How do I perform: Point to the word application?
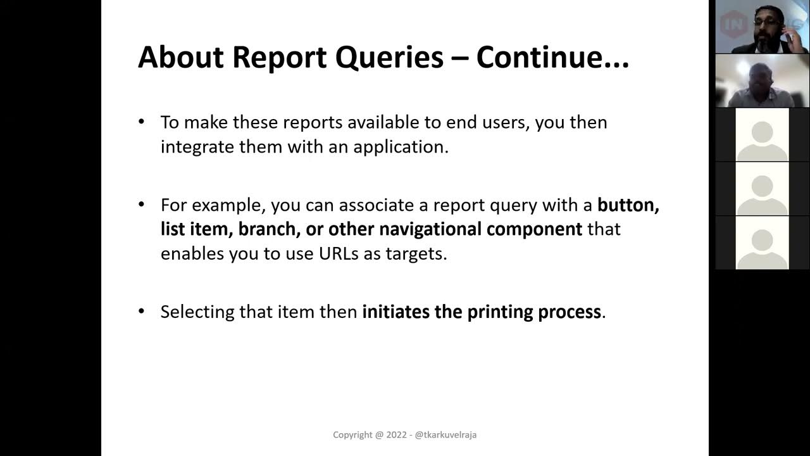coord(401,146)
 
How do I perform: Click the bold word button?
coord(628,205)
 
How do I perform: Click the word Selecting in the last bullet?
coord(197,312)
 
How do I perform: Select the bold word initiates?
coord(396,312)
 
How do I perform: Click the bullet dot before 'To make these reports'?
coord(142,122)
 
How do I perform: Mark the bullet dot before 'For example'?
coord(142,205)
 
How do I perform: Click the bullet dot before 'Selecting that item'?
coord(142,312)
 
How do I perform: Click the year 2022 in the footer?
coord(396,435)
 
